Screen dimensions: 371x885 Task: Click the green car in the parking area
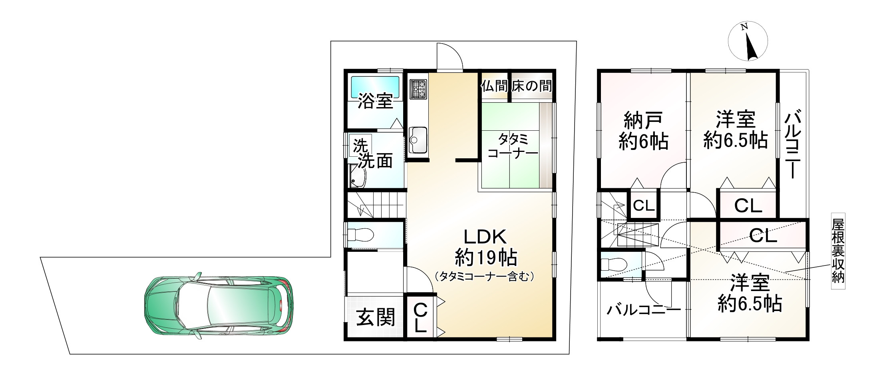click(x=219, y=306)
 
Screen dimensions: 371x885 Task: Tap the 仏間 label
click(x=495, y=86)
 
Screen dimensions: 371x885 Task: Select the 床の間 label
click(x=532, y=86)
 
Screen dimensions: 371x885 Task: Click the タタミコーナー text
click(x=513, y=146)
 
